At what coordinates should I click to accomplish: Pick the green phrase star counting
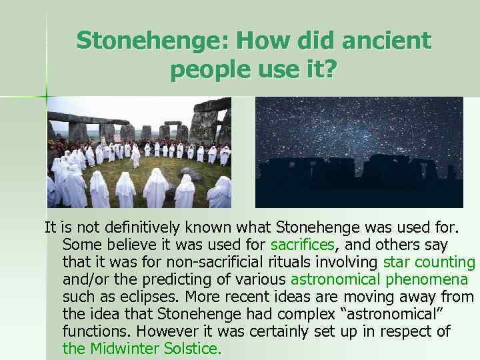429,262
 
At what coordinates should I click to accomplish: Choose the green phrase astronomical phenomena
379,279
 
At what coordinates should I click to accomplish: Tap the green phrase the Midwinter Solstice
141,348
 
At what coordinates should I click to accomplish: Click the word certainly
286,331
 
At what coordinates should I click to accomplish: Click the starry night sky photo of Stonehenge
359,152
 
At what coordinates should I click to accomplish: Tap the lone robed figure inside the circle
136,157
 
